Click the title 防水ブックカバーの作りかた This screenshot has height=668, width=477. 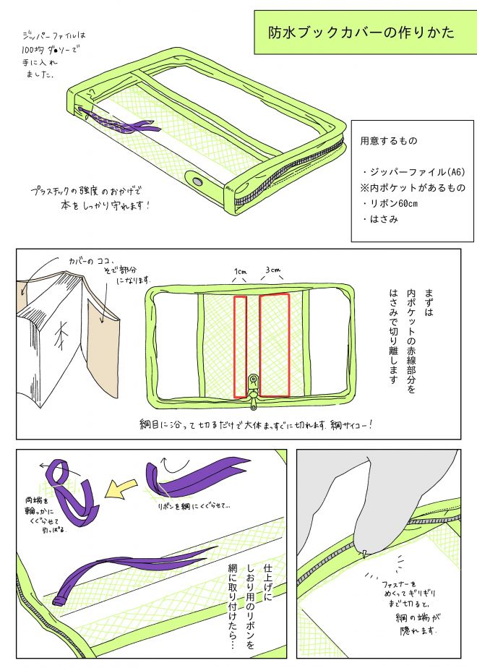pos(361,33)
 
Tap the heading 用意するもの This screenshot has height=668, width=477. pos(389,140)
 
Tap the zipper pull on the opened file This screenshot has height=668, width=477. pos(253,382)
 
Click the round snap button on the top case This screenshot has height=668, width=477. pos(197,180)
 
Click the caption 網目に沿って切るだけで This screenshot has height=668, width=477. pos(257,424)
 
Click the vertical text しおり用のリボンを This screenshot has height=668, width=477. pos(249,600)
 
